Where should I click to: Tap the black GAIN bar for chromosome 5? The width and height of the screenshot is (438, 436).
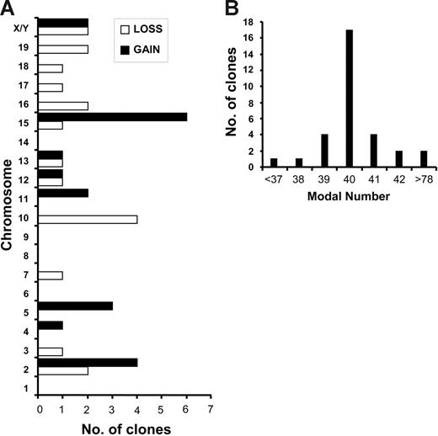[76, 306]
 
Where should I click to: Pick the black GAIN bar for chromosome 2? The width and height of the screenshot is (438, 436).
[88, 363]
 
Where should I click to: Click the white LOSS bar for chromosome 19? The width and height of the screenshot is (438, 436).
[63, 49]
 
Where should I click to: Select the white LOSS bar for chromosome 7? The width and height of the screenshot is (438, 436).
[51, 275]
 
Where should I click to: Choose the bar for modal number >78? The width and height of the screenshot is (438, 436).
[424, 158]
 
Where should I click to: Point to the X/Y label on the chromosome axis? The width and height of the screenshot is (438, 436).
[24, 28]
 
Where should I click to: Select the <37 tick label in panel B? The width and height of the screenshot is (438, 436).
[273, 179]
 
